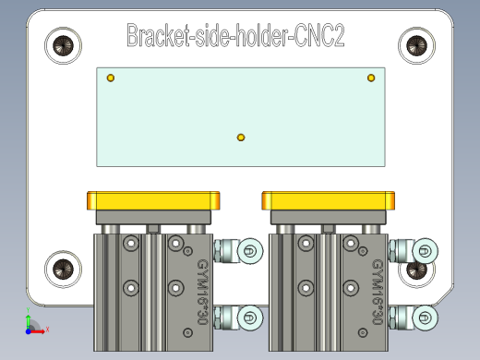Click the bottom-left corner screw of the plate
pos(64,269)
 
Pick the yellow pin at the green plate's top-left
pos(111,78)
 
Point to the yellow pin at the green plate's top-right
pos(371,78)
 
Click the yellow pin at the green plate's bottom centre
pos(241,138)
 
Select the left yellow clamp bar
pos(154,200)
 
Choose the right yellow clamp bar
pos(329,200)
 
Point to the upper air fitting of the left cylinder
pos(239,250)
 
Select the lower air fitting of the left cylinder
pos(239,318)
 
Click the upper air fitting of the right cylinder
pos(414,249)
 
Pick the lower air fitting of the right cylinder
pos(414,318)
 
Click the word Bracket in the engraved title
pos(160,36)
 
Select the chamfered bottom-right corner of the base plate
pos(444,295)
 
